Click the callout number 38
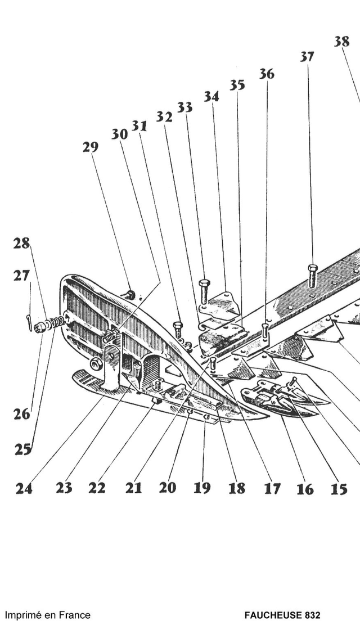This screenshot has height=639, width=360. [341, 41]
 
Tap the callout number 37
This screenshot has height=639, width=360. [307, 56]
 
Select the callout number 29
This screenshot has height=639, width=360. [90, 147]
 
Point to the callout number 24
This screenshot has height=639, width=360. [24, 488]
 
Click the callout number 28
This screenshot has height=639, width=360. [21, 244]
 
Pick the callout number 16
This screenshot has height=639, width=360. [305, 489]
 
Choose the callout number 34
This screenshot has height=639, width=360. [211, 97]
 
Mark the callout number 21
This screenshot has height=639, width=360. [133, 488]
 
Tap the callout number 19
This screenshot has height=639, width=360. [202, 488]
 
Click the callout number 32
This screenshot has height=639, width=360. [164, 117]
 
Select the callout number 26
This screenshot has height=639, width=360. [21, 415]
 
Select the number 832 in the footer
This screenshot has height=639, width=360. [310, 615]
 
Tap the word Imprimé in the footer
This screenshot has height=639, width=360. [24, 615]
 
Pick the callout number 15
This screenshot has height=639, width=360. [339, 489]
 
